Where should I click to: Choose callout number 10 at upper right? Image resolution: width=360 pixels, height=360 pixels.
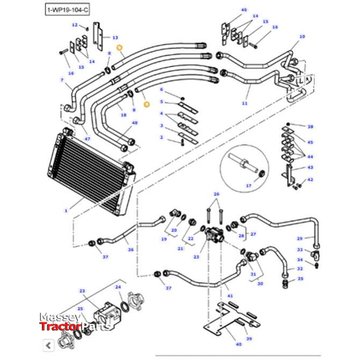click(x=302, y=38)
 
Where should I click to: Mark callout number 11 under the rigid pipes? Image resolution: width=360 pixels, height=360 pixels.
click(x=244, y=103)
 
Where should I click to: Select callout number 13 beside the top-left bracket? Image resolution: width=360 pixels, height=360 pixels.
click(x=116, y=38)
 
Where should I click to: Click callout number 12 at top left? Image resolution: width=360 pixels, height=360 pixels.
click(x=75, y=26)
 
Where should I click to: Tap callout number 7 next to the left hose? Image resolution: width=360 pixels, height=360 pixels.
click(x=62, y=80)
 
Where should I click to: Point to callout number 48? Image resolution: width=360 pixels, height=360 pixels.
click(x=133, y=122)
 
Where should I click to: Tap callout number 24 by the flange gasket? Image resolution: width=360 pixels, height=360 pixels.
click(x=120, y=288)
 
